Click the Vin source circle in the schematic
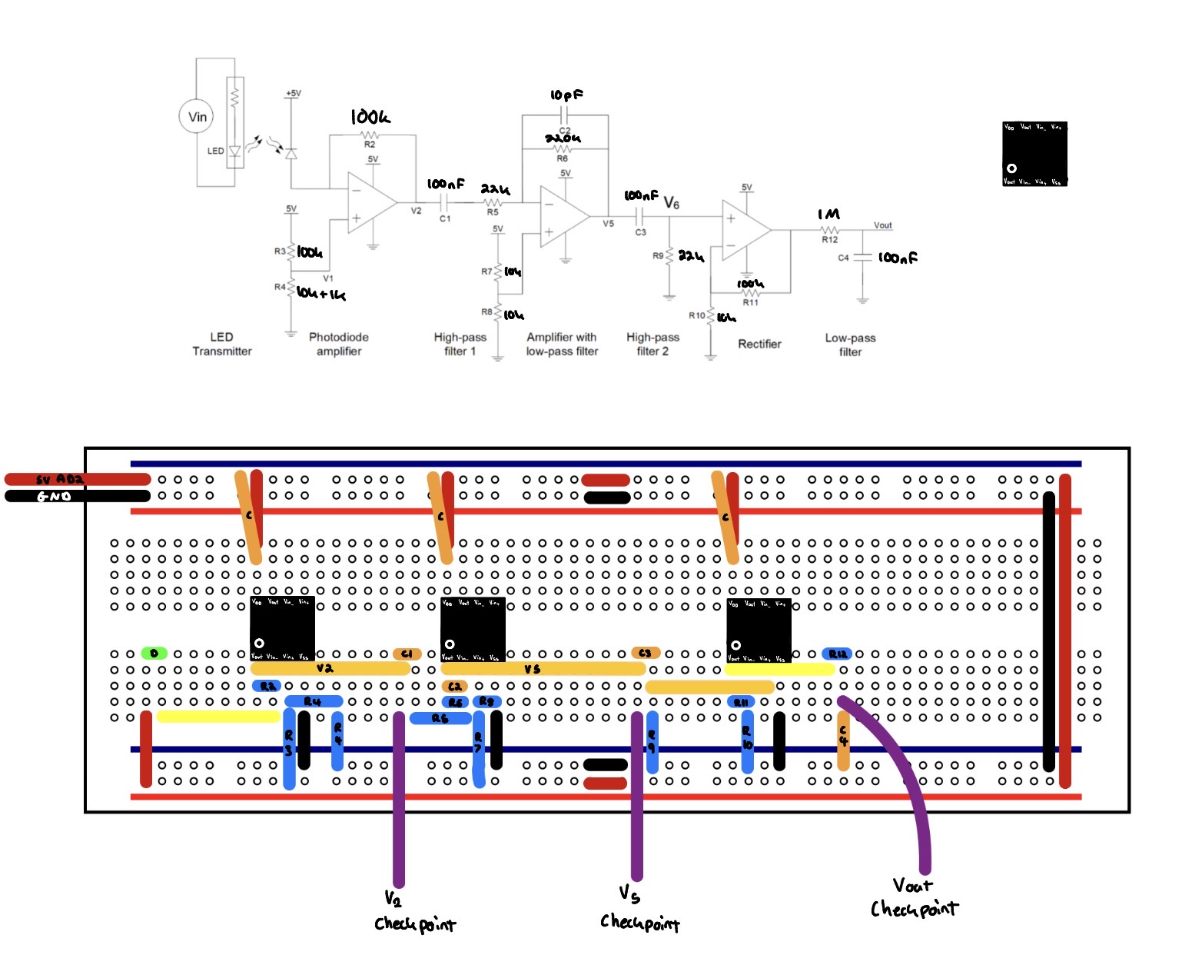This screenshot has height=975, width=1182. pyautogui.click(x=197, y=117)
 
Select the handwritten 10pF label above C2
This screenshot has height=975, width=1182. pyautogui.click(x=566, y=95)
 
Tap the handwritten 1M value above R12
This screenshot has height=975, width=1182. pyautogui.click(x=829, y=215)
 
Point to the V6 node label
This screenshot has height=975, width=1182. pyautogui.click(x=671, y=203)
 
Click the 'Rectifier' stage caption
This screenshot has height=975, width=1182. pyautogui.click(x=759, y=344)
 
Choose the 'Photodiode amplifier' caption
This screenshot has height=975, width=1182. pyautogui.click(x=339, y=344)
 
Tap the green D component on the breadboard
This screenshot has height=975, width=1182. pyautogui.click(x=154, y=654)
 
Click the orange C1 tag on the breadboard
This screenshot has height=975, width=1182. pyautogui.click(x=407, y=654)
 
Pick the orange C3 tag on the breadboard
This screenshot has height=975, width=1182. pyautogui.click(x=645, y=653)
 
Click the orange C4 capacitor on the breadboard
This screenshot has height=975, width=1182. pyautogui.click(x=843, y=740)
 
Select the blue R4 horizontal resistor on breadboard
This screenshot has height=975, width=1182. pyautogui.click(x=313, y=701)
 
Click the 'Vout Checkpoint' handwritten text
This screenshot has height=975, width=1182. pyautogui.click(x=914, y=898)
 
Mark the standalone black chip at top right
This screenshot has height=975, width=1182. pyautogui.click(x=1034, y=154)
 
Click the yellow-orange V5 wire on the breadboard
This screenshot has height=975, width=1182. pyautogui.click(x=543, y=669)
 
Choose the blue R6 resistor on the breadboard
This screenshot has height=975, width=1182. pyautogui.click(x=440, y=718)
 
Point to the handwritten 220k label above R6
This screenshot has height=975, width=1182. pyautogui.click(x=563, y=138)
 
